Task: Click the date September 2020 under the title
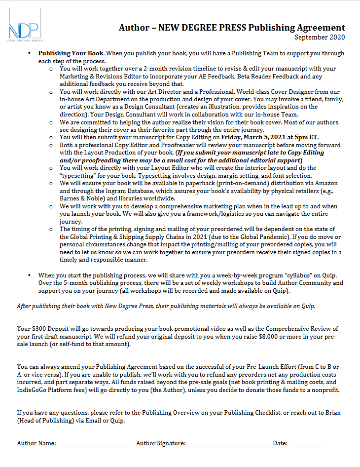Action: point(320,37)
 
